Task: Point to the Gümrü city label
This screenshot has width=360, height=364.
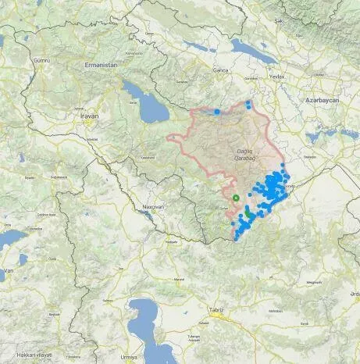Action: click(x=38, y=59)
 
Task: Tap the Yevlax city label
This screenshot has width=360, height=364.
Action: click(x=276, y=77)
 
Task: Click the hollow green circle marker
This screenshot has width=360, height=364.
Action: click(x=236, y=198)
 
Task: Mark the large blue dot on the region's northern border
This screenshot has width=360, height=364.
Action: click(x=216, y=112)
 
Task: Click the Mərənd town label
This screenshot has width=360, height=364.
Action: click(x=178, y=277)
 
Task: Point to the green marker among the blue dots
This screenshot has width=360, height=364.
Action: click(x=248, y=212)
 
